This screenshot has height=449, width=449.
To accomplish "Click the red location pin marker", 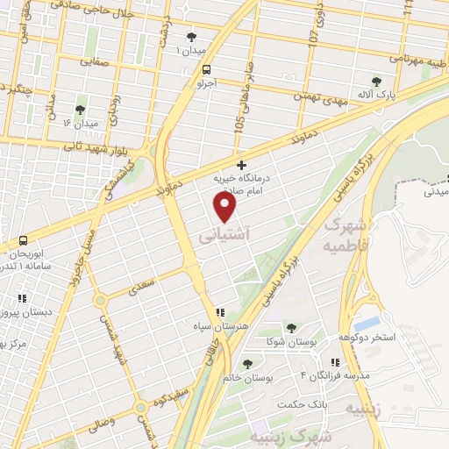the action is (225, 206).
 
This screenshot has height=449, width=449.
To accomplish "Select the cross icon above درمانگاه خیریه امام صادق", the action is (242, 164).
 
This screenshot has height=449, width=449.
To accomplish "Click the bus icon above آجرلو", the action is (205, 70).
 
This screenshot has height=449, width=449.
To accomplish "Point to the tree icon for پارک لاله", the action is (377, 82).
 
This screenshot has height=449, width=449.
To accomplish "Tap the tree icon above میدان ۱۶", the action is (81, 110).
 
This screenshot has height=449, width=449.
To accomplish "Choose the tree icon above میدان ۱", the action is (192, 37).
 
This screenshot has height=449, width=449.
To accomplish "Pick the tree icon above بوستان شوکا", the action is (291, 327).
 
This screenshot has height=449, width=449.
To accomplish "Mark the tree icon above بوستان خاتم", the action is (247, 362).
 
